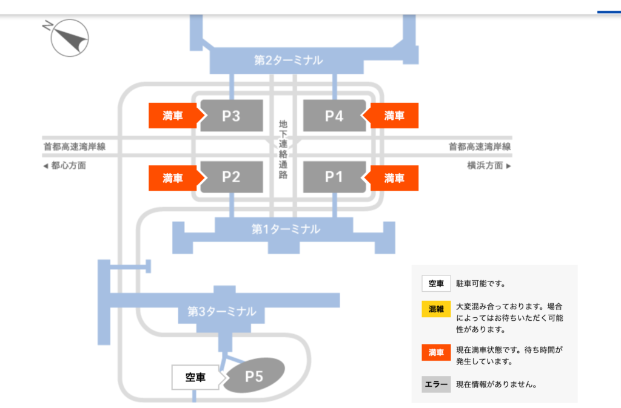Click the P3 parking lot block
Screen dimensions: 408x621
[x=231, y=116]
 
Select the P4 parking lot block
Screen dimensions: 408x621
[x=334, y=116]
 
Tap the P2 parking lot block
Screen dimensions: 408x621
[x=231, y=177]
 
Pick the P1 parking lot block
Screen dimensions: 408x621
[x=334, y=177]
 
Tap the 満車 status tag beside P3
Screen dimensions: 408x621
[x=173, y=116]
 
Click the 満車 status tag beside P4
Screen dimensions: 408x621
[x=394, y=116]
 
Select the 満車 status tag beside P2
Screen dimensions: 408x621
[x=173, y=177]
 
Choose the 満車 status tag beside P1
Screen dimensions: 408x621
[x=394, y=177]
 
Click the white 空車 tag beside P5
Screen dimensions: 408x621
[x=195, y=377]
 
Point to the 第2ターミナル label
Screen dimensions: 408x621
[x=289, y=61]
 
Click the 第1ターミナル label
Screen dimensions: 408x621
[x=286, y=229]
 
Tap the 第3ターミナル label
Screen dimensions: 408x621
[x=221, y=312]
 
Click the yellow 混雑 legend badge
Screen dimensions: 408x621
[x=436, y=309]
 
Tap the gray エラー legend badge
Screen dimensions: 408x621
[x=436, y=384]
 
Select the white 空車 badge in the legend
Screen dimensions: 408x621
[x=436, y=283]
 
